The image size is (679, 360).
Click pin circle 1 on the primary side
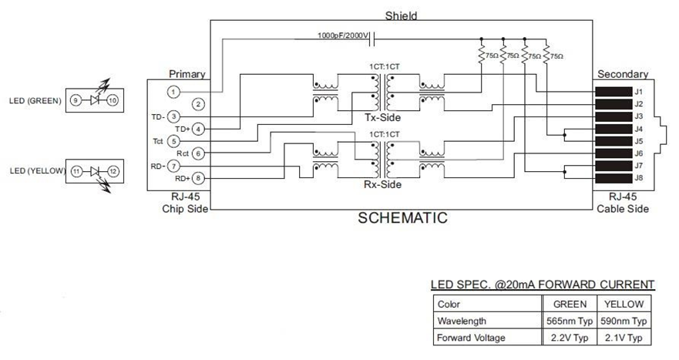[x=175, y=92]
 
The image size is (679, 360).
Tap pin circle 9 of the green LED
[x=76, y=100]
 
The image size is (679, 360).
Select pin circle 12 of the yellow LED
[x=113, y=171]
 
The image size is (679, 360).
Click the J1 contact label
[x=638, y=91]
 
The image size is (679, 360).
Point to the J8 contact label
[x=638, y=178]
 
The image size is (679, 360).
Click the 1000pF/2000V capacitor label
[x=344, y=35]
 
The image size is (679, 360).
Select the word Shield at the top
[x=401, y=15]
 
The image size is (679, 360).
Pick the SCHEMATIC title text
[x=402, y=217]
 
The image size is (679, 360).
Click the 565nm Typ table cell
[x=566, y=320]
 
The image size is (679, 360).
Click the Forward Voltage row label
[x=471, y=337]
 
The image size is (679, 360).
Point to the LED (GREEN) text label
[x=34, y=101]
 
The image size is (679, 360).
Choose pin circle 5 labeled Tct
[x=175, y=141]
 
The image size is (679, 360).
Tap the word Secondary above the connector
[x=622, y=74]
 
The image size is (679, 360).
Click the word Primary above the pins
[x=187, y=74]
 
